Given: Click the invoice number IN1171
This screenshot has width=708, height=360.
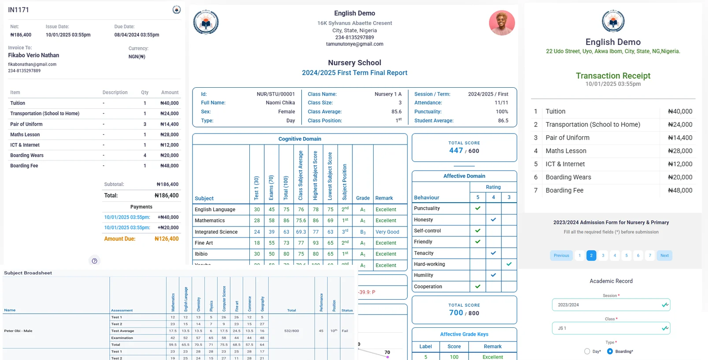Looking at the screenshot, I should pyautogui.click(x=19, y=10).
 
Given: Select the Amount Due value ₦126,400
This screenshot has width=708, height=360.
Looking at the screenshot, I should pyautogui.click(x=167, y=239).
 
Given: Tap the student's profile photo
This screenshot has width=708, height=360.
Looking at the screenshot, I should pyautogui.click(x=502, y=22).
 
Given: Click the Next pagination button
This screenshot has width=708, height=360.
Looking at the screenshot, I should pyautogui.click(x=664, y=256).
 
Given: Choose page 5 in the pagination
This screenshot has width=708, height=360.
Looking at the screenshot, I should pyautogui.click(x=626, y=256).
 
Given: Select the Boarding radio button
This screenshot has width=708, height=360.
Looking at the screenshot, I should pyautogui.click(x=610, y=351).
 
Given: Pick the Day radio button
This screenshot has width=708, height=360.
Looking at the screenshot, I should pyautogui.click(x=587, y=351).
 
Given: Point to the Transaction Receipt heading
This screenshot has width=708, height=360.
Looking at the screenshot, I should pyautogui.click(x=613, y=76).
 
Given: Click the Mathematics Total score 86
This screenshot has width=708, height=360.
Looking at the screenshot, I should pyautogui.click(x=286, y=220).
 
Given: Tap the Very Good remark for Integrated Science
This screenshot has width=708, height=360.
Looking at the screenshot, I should pyautogui.click(x=387, y=232).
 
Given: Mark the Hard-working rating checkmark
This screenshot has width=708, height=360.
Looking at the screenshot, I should pyautogui.click(x=509, y=264).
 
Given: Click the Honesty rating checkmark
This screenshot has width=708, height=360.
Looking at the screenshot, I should pyautogui.click(x=493, y=219).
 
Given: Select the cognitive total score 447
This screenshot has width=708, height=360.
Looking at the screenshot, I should pyautogui.click(x=456, y=151).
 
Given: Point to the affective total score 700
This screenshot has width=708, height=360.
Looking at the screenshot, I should pyautogui.click(x=456, y=313).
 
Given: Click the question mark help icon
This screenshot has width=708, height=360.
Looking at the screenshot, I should pyautogui.click(x=94, y=261).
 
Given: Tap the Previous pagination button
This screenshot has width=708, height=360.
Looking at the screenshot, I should pyautogui.click(x=561, y=256).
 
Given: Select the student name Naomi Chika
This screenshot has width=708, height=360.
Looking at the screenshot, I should pyautogui.click(x=280, y=103).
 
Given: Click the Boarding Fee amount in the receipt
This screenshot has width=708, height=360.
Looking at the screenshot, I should pyautogui.click(x=680, y=190).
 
